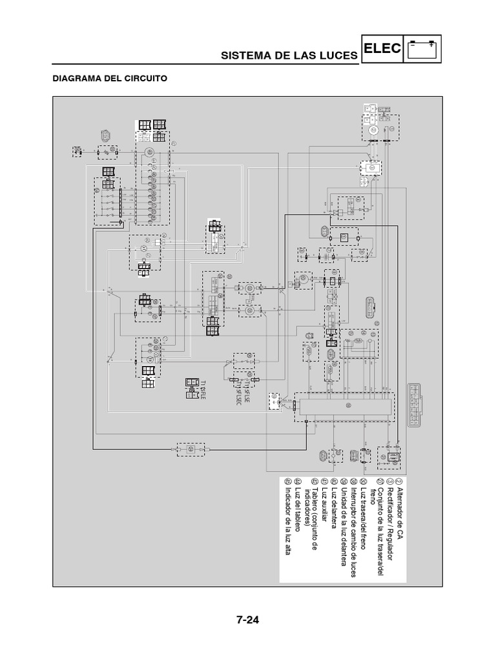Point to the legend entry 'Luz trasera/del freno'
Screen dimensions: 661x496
tap(362, 518)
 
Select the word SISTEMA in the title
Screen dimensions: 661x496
tap(243, 56)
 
